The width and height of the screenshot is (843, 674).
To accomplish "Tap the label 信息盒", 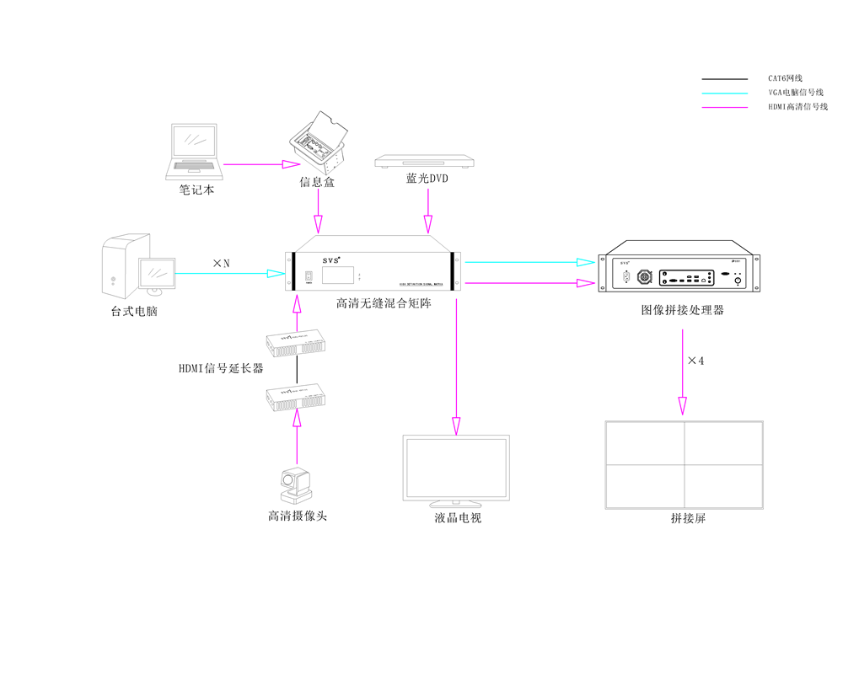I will click(317, 182).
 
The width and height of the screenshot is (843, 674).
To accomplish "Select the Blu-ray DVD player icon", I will click(427, 162).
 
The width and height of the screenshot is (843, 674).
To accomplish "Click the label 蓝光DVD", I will click(427, 179).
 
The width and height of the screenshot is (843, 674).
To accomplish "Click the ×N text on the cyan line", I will click(222, 264).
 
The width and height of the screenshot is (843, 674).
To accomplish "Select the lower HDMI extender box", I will click(297, 396).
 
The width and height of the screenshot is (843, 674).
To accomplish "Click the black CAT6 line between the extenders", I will click(297, 369).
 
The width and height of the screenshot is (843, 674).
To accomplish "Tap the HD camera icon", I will click(296, 485).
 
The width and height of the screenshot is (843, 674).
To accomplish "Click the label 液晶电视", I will click(456, 517).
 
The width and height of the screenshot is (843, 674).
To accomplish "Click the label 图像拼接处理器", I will click(682, 310).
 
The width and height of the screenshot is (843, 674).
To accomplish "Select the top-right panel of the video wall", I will click(722, 443).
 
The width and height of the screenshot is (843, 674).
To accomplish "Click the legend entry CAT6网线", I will click(785, 78).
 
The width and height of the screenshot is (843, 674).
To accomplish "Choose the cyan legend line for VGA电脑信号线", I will click(724, 93).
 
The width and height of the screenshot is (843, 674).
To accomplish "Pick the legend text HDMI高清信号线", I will click(797, 107).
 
